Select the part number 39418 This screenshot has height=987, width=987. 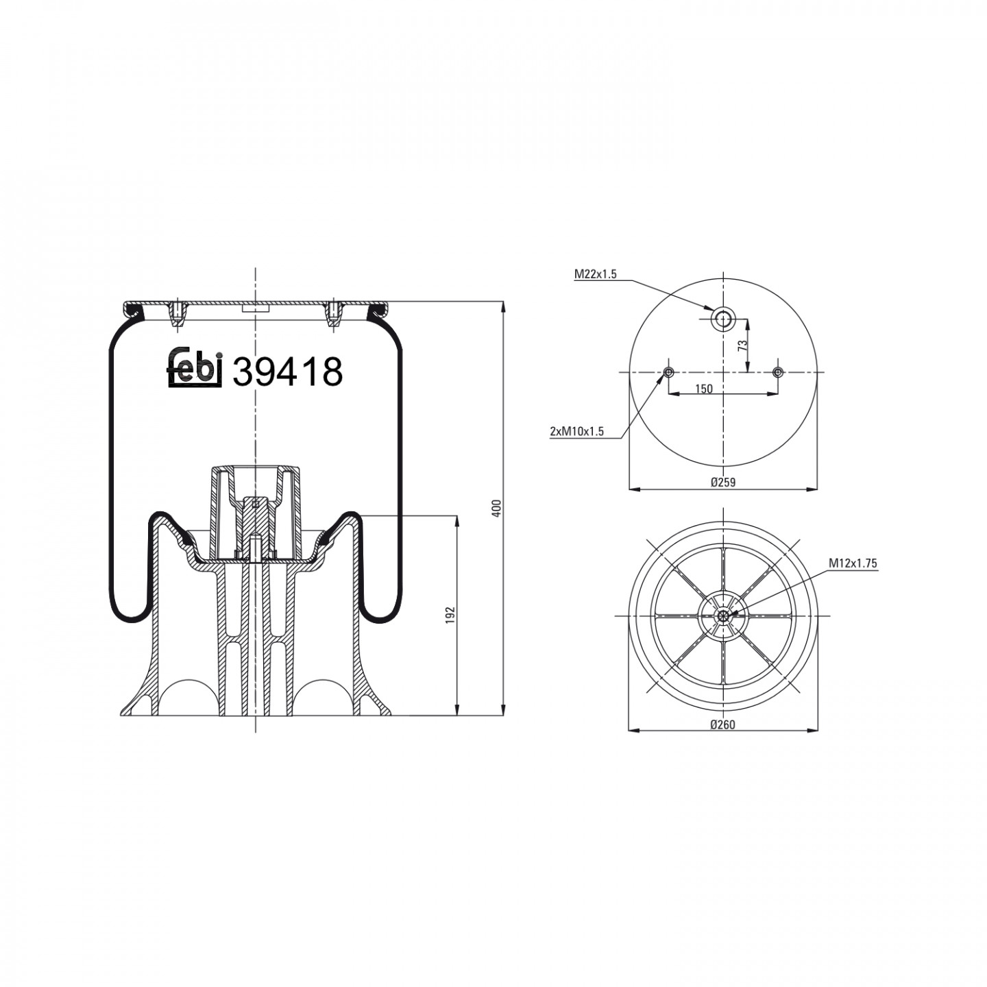tap(287, 372)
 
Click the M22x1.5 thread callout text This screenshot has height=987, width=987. tap(595, 274)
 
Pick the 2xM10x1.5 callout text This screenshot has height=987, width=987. tap(576, 431)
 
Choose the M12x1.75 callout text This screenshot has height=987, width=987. tap(853, 563)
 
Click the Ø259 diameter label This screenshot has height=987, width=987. tap(722, 482)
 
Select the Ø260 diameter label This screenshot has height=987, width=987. tap(722, 724)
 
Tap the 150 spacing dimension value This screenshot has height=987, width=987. tap(704, 389)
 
